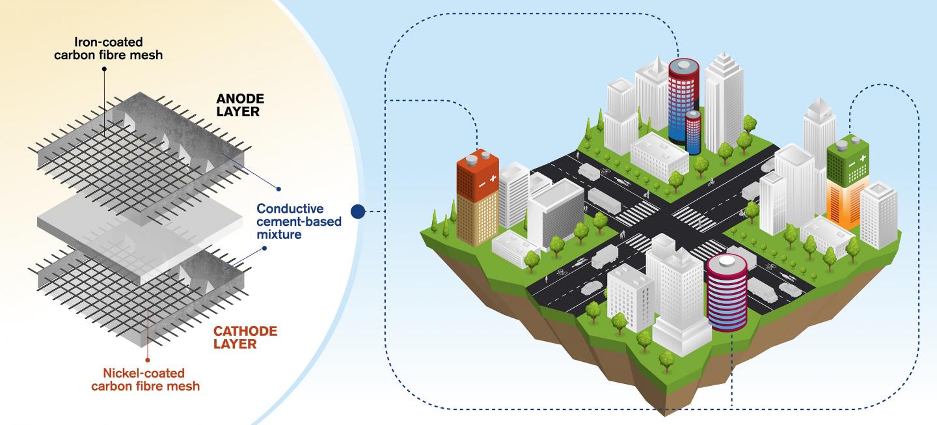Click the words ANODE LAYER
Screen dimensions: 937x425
[240, 105]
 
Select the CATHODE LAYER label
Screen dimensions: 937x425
[245, 338]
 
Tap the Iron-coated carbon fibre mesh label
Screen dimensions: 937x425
[108, 49]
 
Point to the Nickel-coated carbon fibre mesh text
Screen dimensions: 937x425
[145, 379]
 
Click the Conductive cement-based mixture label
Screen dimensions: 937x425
[299, 221]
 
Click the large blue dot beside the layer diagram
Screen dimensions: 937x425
[358, 212]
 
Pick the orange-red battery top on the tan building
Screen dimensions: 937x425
[478, 175]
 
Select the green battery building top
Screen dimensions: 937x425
[848, 161]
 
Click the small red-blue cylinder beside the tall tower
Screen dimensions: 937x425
[693, 132]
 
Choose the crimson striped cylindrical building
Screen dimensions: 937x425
[727, 293]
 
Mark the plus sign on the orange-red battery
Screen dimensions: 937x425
[493, 178]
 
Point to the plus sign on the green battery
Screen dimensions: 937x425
[863, 158]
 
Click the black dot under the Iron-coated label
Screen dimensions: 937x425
[104, 68]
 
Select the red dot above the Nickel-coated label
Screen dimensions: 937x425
[148, 360]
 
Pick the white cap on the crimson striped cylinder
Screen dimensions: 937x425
[727, 260]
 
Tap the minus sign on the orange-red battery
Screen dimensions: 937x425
[482, 184]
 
